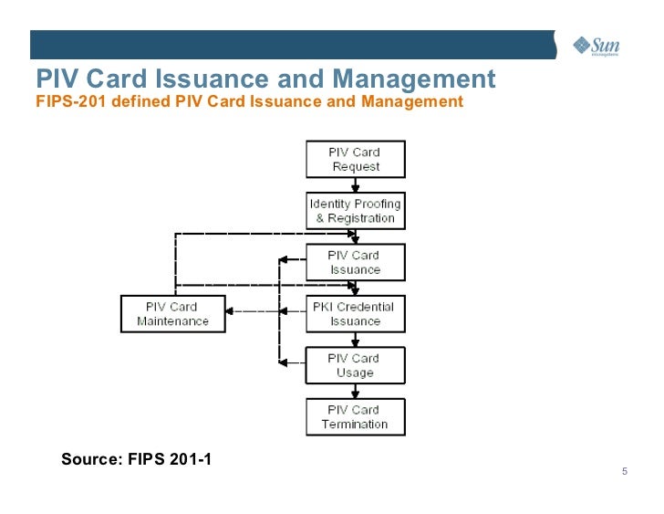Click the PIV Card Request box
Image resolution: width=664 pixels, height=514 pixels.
355,160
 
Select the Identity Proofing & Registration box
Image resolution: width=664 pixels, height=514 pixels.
355,211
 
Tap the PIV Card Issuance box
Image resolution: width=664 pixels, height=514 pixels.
355,262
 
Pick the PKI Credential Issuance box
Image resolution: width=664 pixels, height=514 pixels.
355,314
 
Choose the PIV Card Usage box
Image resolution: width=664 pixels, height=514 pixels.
355,365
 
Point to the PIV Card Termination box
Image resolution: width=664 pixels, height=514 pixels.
355,417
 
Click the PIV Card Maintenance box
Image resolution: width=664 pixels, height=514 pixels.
172,314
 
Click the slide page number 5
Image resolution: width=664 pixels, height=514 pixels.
624,472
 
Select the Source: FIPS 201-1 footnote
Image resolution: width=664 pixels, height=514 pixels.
136,458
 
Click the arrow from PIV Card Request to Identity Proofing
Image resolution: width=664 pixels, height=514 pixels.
355,185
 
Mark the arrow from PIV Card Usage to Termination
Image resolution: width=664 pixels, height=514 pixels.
355,392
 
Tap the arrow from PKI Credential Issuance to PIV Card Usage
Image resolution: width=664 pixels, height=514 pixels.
355,340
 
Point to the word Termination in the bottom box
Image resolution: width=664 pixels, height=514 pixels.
355,425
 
